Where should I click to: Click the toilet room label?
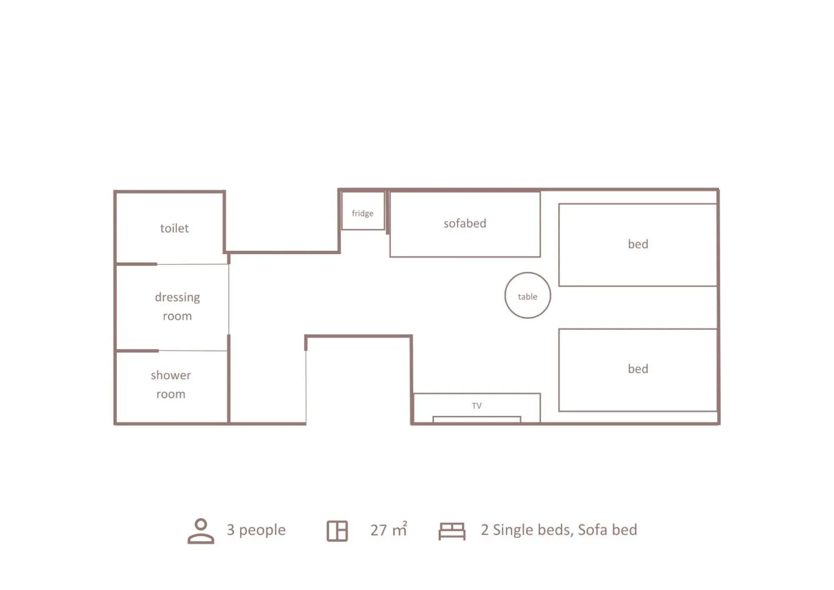pyautogui.click(x=174, y=228)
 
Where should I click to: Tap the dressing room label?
pyautogui.click(x=177, y=306)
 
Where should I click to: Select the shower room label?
pyautogui.click(x=171, y=384)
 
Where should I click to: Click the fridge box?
pyautogui.click(x=363, y=211)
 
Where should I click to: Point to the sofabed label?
pyautogui.click(x=465, y=223)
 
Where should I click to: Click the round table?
pyautogui.click(x=527, y=296)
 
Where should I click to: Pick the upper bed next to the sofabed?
pyautogui.click(x=637, y=245)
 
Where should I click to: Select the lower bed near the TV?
pyautogui.click(x=637, y=370)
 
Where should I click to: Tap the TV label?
pyautogui.click(x=476, y=406)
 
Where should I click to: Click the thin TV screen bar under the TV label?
pyautogui.click(x=476, y=419)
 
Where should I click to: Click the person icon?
pyautogui.click(x=201, y=531)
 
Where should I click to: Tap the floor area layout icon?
pyautogui.click(x=337, y=531)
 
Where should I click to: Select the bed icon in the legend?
pyautogui.click(x=452, y=531)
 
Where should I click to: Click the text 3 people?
pyautogui.click(x=256, y=530)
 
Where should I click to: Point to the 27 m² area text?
pyautogui.click(x=388, y=530)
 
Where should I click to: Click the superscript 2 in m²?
pyautogui.click(x=405, y=523)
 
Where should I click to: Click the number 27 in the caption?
pyautogui.click(x=378, y=530)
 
